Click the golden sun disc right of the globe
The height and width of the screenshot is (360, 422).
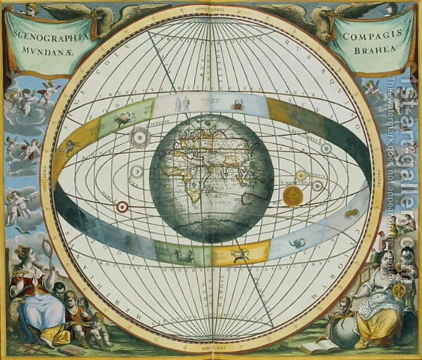[292, 197]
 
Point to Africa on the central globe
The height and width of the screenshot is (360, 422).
[196, 184]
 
